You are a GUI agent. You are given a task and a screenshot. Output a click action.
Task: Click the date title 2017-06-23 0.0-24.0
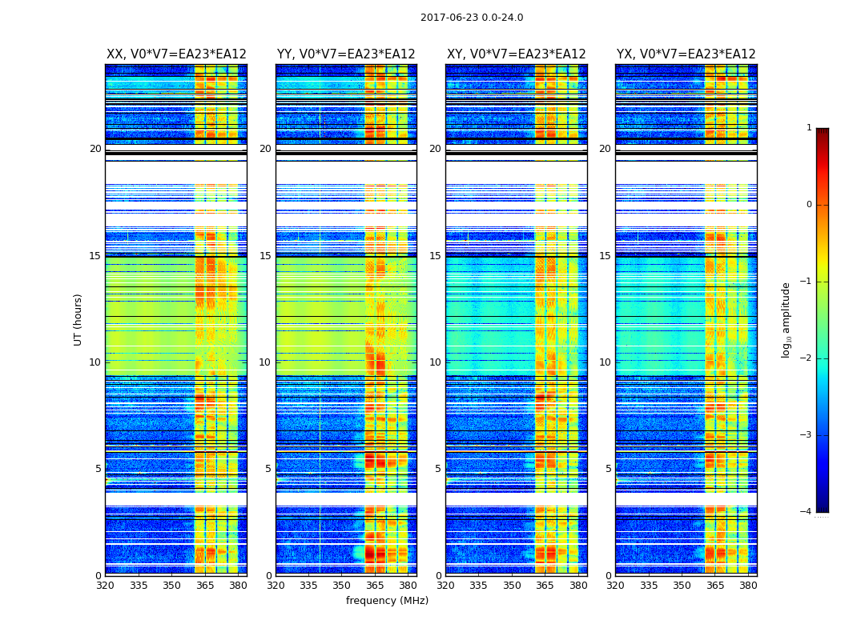472,18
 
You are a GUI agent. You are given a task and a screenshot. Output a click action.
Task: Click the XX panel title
176,54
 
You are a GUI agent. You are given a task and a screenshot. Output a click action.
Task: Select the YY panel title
346,54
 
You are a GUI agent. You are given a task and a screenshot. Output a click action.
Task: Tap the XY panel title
516,54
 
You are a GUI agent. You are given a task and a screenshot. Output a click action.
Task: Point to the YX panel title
686,54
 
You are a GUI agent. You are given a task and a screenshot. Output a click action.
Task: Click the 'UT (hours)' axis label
78,319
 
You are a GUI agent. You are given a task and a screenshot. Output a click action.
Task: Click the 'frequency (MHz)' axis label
387,601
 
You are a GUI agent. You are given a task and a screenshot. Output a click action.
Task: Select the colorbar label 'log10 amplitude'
787,319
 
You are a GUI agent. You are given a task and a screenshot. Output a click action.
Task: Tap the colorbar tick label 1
809,128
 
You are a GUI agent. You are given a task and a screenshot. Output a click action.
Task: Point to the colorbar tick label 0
809,205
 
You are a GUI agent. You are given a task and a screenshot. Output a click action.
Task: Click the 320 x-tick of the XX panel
105,586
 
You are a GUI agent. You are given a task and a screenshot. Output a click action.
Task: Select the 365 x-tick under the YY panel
375,586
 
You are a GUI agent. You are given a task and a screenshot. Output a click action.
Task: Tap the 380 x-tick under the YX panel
748,586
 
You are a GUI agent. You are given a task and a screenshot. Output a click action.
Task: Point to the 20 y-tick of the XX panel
95,149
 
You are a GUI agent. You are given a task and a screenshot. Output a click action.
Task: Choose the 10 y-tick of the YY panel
265,362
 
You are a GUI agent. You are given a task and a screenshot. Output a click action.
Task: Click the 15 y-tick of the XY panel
435,256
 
